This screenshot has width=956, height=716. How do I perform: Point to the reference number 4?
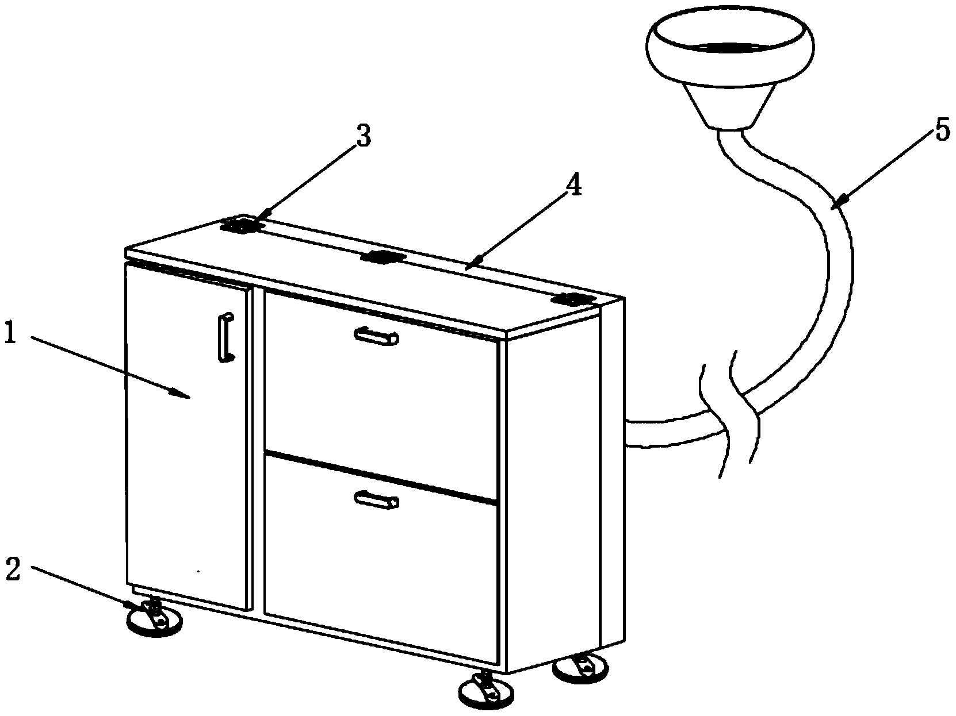coord(573,187)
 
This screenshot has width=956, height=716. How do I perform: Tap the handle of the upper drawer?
coord(377,336)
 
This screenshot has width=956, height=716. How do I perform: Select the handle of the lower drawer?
coord(377,499)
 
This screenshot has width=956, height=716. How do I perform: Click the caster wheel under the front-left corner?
coord(154,620)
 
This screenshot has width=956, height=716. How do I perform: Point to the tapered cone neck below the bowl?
coord(730,106)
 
